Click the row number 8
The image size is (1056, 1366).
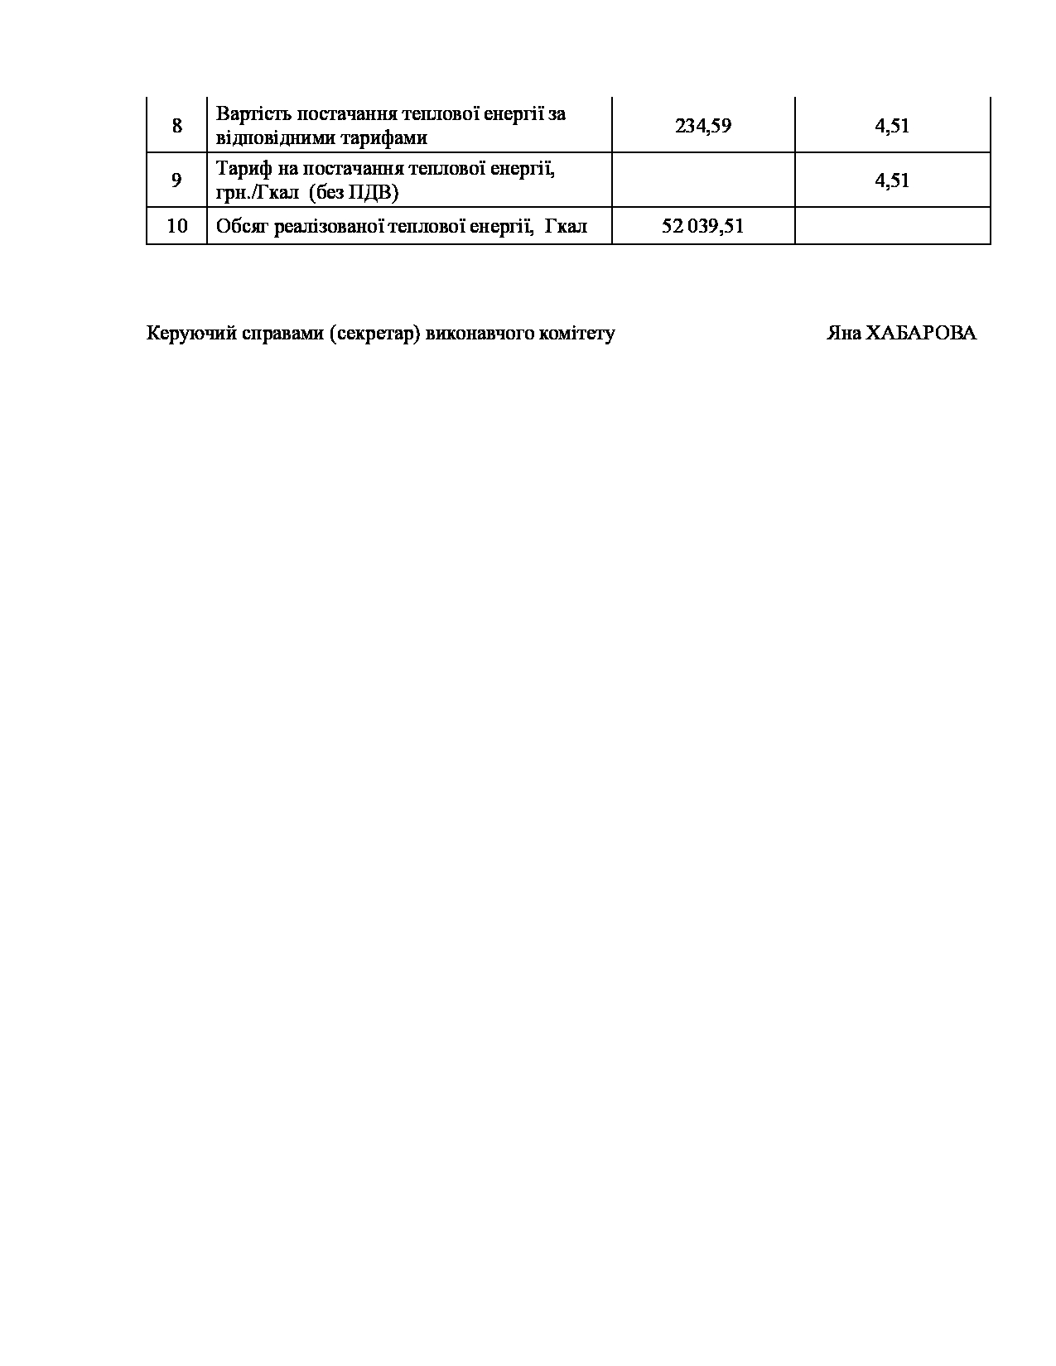176,127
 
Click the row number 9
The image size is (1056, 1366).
176,180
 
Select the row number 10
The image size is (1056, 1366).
176,226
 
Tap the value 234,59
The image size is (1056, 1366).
703,127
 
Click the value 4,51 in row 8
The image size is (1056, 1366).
892,127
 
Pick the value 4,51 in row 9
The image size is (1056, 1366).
892,180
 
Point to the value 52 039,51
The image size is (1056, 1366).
703,226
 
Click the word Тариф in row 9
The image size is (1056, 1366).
241,169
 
